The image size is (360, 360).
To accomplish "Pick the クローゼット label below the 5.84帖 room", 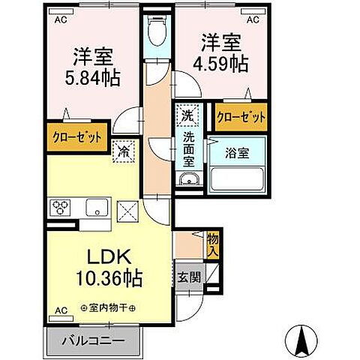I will click(78, 136).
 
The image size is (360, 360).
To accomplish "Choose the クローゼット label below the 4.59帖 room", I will click(240, 117).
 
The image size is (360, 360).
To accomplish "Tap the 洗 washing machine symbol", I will click(187, 115).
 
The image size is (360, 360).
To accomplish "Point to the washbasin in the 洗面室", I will click(188, 178).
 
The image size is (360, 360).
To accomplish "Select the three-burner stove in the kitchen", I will click(61, 207).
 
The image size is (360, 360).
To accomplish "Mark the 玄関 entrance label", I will click(187, 276).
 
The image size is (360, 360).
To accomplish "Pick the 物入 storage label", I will click(212, 243).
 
